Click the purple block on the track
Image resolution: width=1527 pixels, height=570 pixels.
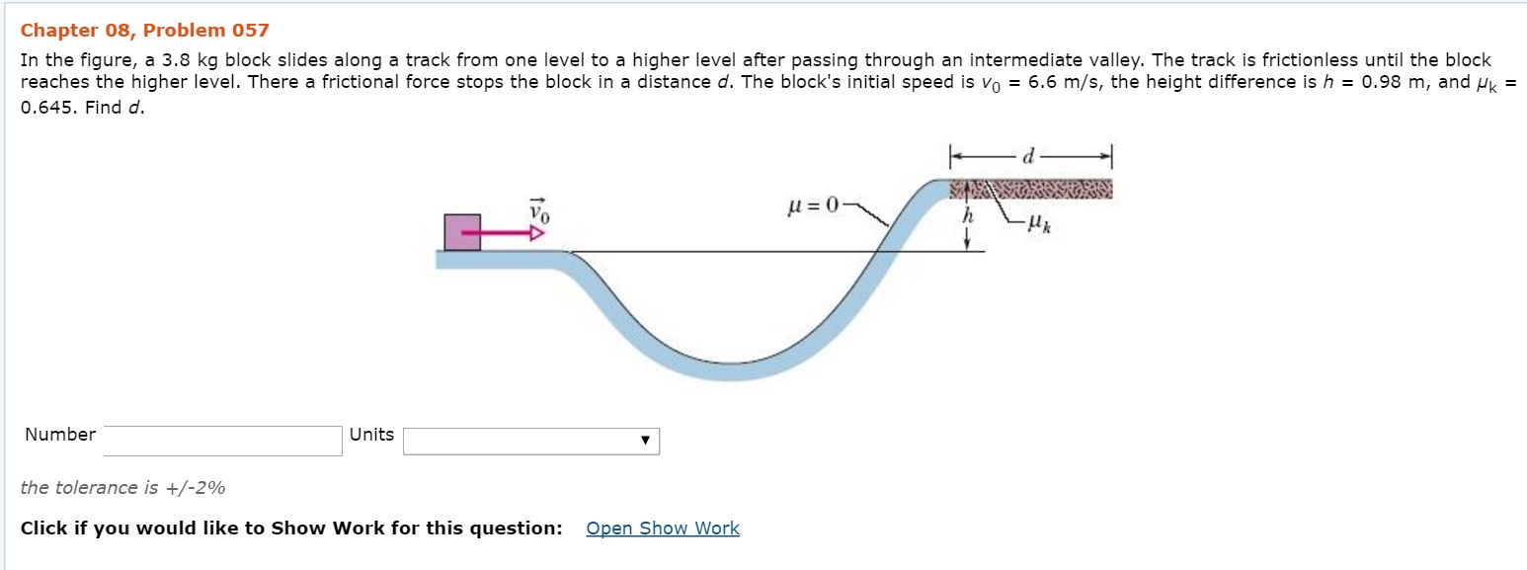click(462, 232)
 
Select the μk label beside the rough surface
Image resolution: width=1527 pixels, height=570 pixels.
click(1036, 227)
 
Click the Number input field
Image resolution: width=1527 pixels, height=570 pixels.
click(222, 441)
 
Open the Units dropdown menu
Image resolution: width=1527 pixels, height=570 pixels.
click(530, 441)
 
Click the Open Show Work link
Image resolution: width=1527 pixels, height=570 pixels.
click(662, 529)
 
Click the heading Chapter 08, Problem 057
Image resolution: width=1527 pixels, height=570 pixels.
click(144, 31)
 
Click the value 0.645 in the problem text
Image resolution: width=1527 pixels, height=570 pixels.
click(47, 107)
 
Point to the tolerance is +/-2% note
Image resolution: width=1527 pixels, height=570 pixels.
click(122, 487)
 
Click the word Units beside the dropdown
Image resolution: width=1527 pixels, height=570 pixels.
click(371, 435)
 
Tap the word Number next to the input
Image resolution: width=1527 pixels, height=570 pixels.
click(60, 435)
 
